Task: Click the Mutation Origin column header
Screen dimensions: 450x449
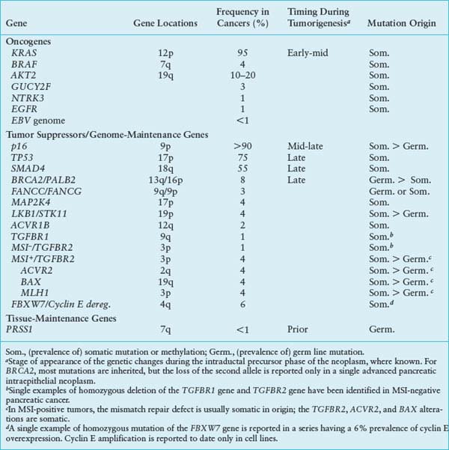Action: click(400, 23)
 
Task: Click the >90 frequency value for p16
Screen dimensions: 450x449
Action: click(241, 148)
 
